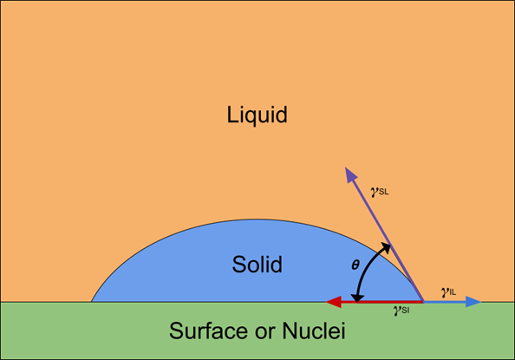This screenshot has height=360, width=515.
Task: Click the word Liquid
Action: [x=257, y=115]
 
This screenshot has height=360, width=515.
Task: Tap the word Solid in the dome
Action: [x=257, y=264]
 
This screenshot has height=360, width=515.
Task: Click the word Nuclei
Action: [x=314, y=331]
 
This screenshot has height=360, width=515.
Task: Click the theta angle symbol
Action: [x=355, y=265]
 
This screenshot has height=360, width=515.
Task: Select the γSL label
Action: [x=380, y=192]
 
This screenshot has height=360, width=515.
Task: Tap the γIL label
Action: [x=448, y=291]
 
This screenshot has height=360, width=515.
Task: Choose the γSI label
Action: [x=401, y=310]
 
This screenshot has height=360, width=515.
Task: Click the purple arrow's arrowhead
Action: [x=350, y=174]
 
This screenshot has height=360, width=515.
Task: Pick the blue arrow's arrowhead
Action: [x=473, y=302]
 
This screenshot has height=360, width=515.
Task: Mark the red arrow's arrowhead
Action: [x=334, y=302]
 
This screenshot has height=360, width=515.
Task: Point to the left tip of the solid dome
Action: [x=91, y=302]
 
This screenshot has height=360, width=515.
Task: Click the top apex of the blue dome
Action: [x=257, y=219]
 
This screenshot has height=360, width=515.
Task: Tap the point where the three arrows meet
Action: [x=423, y=301]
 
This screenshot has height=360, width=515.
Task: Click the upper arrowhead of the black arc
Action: [x=387, y=247]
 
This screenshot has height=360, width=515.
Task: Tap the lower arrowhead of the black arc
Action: [x=356, y=298]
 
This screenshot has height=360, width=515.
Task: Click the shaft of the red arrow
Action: [x=382, y=302]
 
